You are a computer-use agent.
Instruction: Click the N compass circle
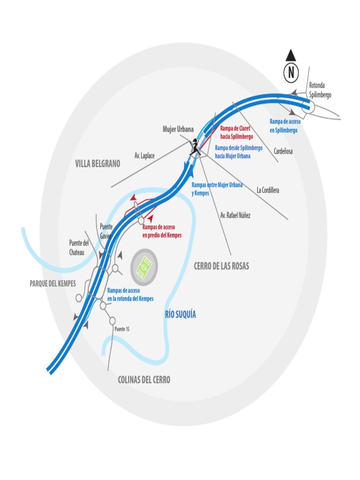[x=291, y=72]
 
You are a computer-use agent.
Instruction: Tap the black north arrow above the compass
[x=291, y=55]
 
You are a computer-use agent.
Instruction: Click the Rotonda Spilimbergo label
[x=320, y=90]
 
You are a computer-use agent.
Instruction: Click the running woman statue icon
[x=195, y=147]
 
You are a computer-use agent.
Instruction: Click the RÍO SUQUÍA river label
[x=180, y=315]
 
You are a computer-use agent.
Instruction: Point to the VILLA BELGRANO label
[x=97, y=164]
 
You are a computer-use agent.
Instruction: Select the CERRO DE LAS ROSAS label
[x=222, y=266]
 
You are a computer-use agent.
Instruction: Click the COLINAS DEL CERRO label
[x=144, y=380]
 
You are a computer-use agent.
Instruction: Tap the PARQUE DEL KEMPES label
[x=52, y=284]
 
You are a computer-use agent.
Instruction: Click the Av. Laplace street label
[x=144, y=155]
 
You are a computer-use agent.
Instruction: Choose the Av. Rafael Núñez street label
[x=235, y=216]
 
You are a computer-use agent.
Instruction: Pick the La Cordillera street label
[x=268, y=190]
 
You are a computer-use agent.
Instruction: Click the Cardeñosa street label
[x=283, y=151]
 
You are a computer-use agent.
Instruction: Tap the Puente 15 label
[x=122, y=329]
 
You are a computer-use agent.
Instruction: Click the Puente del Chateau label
[x=79, y=247]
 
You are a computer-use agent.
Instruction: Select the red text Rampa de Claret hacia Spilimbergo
[x=236, y=132]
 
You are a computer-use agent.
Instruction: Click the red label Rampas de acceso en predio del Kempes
[x=162, y=231]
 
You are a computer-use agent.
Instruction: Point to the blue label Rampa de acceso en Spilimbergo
[x=284, y=126]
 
